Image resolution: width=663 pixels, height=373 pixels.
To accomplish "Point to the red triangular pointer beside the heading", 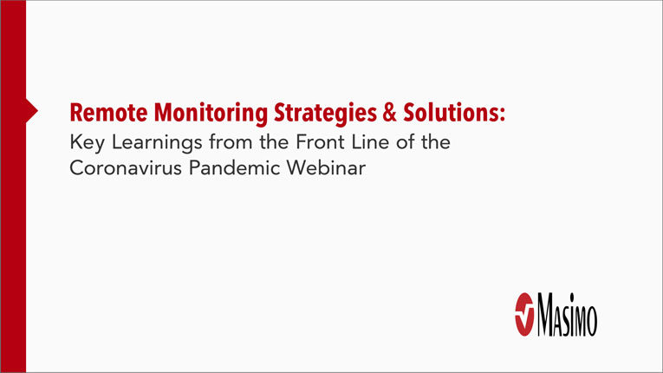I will click(32, 110).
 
